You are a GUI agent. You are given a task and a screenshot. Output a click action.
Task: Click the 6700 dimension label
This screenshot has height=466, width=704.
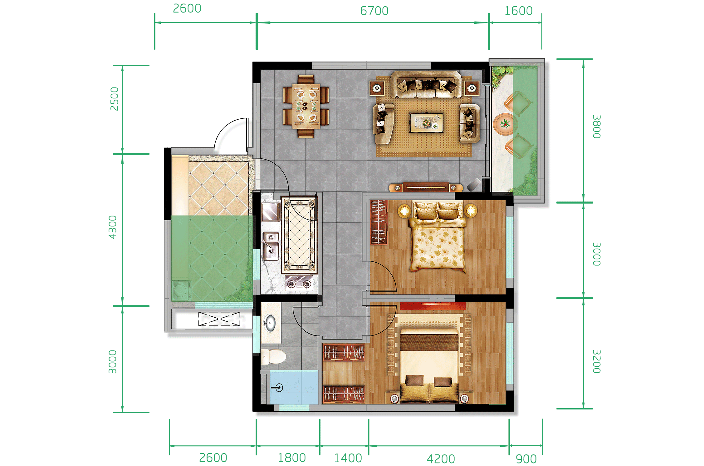click(374, 11)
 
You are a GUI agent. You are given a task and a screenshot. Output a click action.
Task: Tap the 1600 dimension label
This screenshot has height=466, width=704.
click(518, 11)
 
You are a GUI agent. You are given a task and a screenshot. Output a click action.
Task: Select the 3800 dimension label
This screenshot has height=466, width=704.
click(596, 126)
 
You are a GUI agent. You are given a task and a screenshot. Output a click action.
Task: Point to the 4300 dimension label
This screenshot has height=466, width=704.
click(112, 227)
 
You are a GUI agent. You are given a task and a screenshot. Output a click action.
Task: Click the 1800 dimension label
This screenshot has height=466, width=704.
click(292, 458)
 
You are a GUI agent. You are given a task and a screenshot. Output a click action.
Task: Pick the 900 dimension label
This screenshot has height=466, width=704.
click(526, 459)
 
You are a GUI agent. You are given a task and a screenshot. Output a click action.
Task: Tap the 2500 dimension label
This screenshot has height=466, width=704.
click(114, 99)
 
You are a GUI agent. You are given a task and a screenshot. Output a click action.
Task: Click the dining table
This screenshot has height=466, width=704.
click(306, 106)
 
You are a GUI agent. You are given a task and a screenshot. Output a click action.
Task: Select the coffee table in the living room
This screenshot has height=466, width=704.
click(426, 123)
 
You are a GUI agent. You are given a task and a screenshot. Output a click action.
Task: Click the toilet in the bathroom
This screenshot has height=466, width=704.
click(273, 357)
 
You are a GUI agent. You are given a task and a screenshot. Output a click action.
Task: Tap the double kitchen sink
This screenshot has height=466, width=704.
click(271, 246)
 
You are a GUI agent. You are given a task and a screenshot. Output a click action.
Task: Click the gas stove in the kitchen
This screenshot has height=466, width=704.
click(299, 283)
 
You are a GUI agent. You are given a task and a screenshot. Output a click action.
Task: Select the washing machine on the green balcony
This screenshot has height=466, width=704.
click(182, 290)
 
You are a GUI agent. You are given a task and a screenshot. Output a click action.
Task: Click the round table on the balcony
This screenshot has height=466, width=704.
click(505, 124)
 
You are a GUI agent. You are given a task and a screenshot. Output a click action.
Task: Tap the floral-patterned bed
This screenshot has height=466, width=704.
click(438, 236)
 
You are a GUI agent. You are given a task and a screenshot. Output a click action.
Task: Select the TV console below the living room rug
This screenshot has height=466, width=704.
click(426, 187)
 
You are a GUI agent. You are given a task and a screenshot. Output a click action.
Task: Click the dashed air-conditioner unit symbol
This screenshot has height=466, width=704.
click(219, 319)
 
